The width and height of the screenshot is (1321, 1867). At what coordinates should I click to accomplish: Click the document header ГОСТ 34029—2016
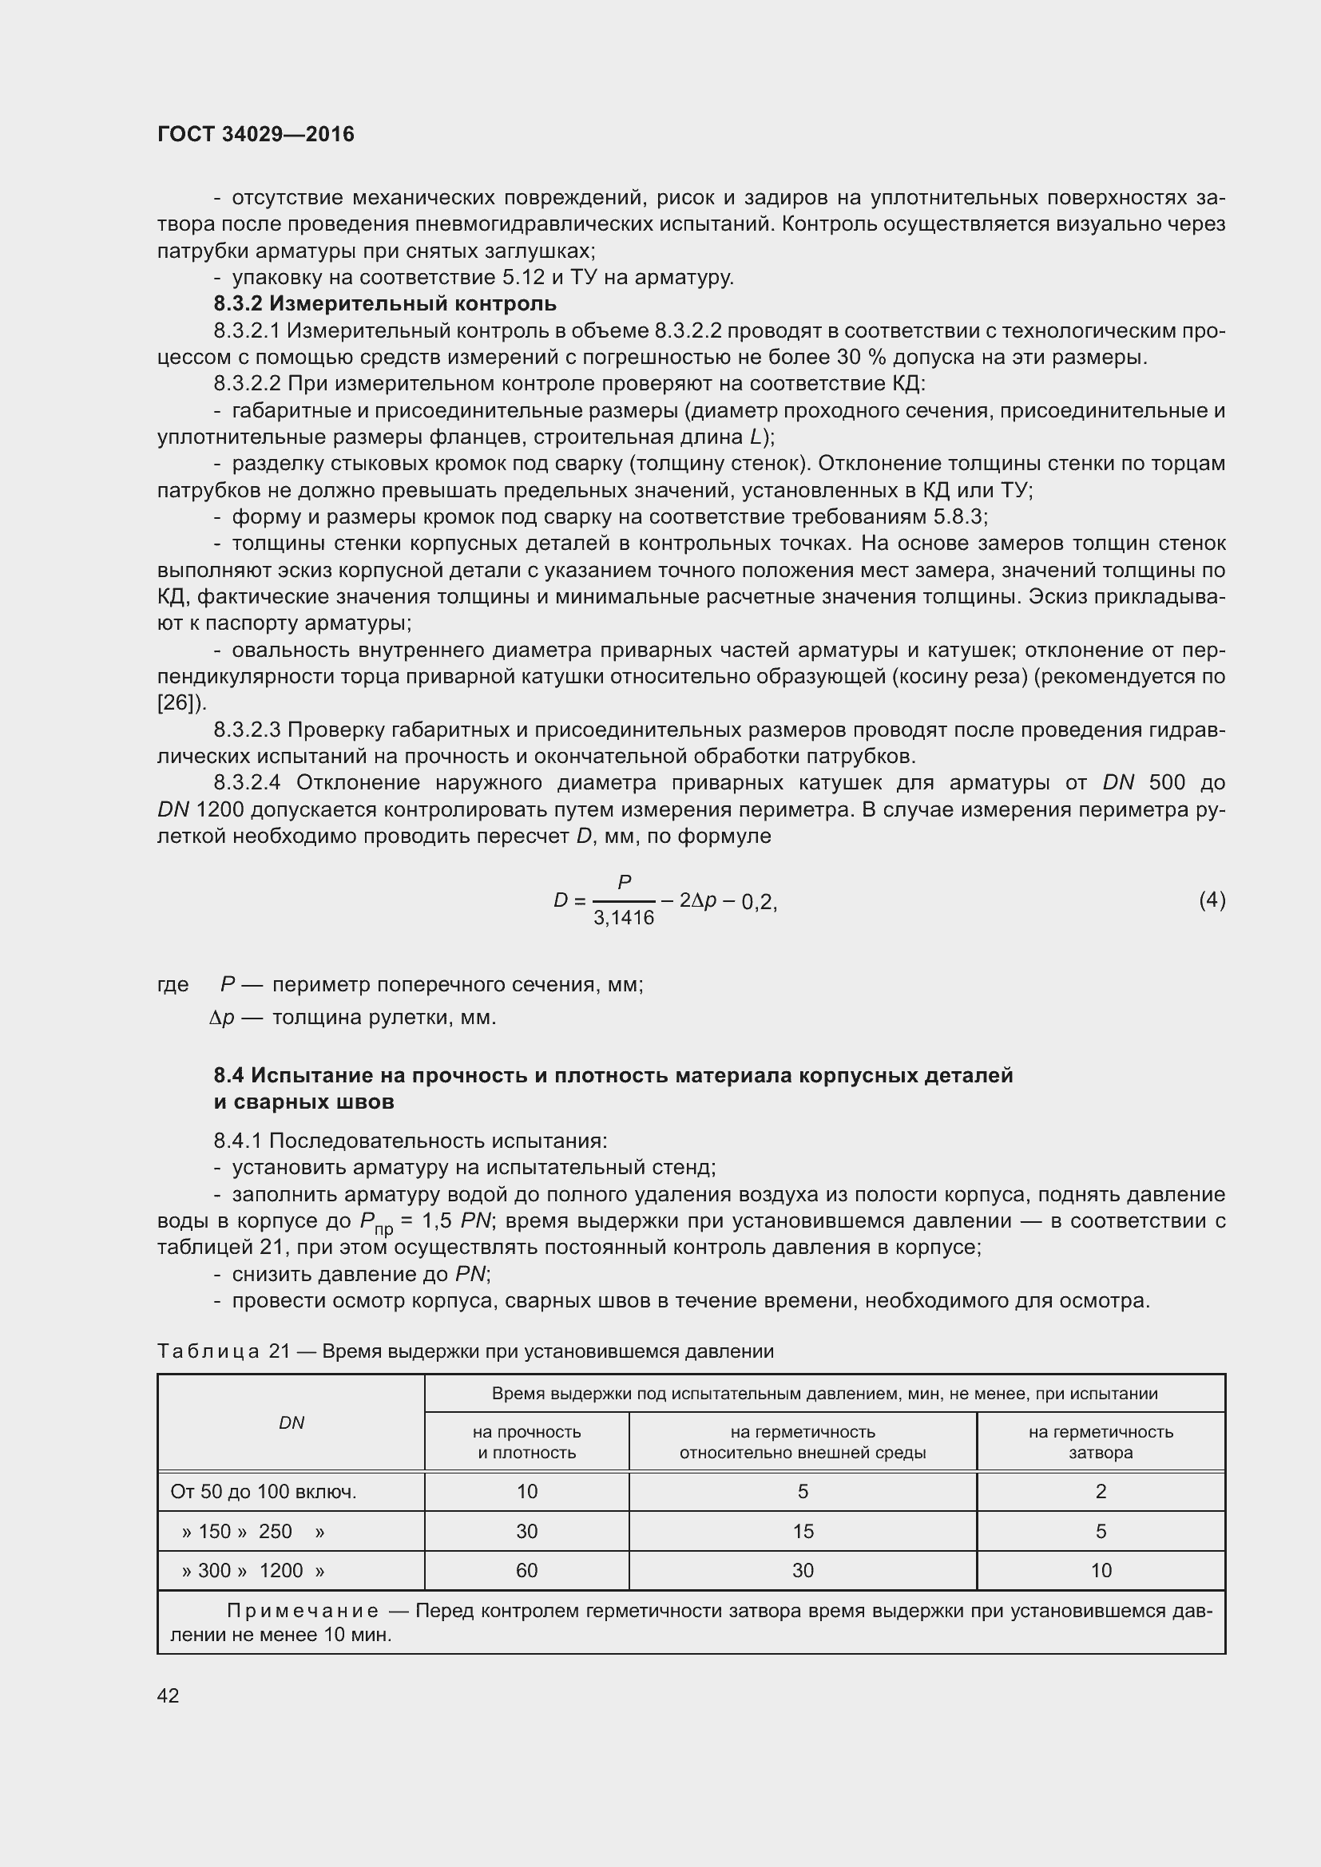coord(256,134)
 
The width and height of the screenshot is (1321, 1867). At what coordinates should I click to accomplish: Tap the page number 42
coord(168,1695)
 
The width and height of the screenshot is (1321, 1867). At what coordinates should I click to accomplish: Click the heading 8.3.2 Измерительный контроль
coord(385,304)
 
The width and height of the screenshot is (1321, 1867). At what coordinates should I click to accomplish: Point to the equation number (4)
coord(1212,900)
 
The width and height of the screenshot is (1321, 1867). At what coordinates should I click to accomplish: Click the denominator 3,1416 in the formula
coord(624,918)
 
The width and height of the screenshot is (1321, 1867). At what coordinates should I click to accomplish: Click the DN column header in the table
coord(292,1422)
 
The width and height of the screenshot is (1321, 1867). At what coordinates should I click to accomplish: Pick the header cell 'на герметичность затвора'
coord(1101,1442)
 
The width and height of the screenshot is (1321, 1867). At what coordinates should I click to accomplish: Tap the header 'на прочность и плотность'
coord(526,1442)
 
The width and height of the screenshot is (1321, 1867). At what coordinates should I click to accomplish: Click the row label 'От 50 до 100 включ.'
coord(264,1491)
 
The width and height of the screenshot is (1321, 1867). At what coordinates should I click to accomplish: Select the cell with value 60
coord(526,1570)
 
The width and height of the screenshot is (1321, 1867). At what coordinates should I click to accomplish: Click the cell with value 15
coord(802,1531)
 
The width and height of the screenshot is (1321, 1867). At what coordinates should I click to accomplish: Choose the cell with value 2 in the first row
coord(1101,1491)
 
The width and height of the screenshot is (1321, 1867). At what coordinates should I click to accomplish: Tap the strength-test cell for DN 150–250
coord(526,1531)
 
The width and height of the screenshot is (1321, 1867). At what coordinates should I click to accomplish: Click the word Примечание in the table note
coord(302,1611)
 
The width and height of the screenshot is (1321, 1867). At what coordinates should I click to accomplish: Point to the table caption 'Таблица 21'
coord(223,1351)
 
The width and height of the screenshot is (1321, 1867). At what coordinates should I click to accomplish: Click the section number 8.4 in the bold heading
coord(228,1076)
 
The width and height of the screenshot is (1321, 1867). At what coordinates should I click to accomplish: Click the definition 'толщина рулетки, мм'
coord(383,1017)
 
